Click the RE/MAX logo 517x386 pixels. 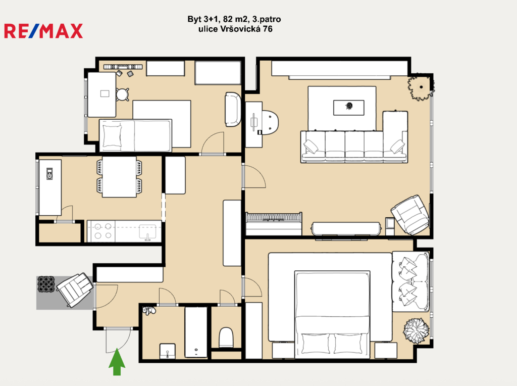[x=43, y=31]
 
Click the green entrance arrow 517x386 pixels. [x=117, y=362]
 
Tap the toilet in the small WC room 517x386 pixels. [x=226, y=337]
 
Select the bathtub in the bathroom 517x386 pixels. [x=196, y=332]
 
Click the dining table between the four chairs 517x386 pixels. [x=119, y=177]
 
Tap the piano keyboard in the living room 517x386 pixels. [x=273, y=217]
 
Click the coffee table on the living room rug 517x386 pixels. [x=349, y=108]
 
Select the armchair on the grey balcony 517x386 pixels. [x=75, y=289]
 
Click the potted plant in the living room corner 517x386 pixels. [x=421, y=87]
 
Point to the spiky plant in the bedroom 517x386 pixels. [x=417, y=330]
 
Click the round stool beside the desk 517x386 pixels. [x=122, y=94]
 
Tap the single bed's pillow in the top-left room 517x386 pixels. [x=112, y=135]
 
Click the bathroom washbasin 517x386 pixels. [x=168, y=351]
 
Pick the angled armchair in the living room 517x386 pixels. [x=410, y=215]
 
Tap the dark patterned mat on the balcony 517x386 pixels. [x=46, y=284]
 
